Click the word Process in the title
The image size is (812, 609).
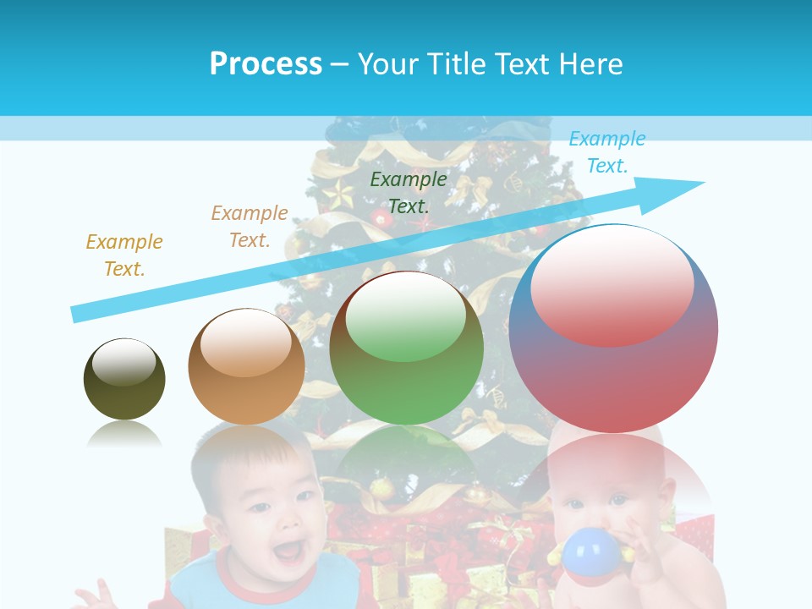[x=266, y=63]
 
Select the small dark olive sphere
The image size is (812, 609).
[x=124, y=379]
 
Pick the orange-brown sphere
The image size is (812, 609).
[x=246, y=366]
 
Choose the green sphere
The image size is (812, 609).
[x=406, y=348]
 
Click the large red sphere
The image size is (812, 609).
[x=613, y=329]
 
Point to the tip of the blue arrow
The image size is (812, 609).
[x=702, y=182]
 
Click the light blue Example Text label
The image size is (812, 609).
[x=606, y=152]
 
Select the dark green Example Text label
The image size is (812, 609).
[x=409, y=192]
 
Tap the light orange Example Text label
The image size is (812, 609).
[x=250, y=226]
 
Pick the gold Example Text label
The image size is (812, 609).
[x=124, y=255]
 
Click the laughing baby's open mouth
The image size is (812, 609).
[x=288, y=551]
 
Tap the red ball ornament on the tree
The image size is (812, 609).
[x=382, y=220]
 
